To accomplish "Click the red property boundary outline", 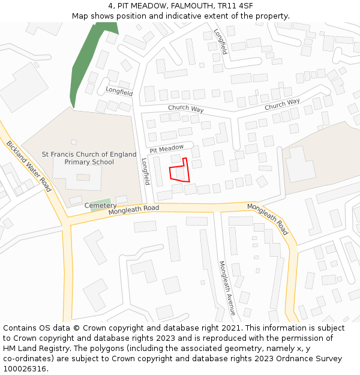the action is (179, 170).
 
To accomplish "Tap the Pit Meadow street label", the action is (167, 148).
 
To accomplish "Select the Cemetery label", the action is (100, 206).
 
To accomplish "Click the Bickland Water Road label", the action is (29, 166).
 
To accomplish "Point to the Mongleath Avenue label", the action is (226, 288).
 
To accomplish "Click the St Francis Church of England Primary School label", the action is (89, 158).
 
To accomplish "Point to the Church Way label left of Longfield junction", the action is (185, 109).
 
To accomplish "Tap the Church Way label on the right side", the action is (282, 104).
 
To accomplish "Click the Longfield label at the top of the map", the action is (220, 42).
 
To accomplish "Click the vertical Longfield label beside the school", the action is (145, 171).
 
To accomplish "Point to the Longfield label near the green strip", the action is (119, 92).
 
